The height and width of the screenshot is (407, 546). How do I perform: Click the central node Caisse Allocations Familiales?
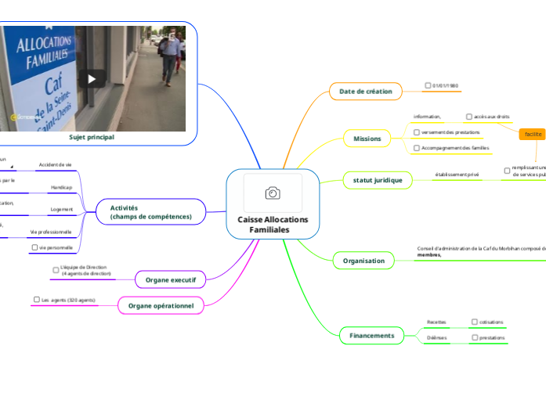coord(273,225)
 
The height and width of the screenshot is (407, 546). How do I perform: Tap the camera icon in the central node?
coord(273,193)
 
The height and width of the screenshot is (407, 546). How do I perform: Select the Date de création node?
coord(365,92)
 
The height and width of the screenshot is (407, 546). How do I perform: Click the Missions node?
coord(367,139)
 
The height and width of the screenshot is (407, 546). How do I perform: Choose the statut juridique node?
coord(378,180)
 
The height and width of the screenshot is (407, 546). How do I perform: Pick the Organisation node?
coord(363,261)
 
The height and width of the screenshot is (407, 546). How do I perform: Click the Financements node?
coord(372,335)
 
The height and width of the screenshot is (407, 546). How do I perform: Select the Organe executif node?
coord(170,279)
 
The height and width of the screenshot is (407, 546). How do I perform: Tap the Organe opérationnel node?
coord(161,305)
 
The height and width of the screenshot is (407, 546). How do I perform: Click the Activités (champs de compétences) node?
coord(150,211)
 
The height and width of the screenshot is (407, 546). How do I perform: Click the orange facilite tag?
coord(533,134)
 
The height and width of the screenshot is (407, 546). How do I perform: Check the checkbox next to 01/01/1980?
coord(428,85)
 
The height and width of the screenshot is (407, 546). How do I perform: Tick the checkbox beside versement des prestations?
coord(417,132)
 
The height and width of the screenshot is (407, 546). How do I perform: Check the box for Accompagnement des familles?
coord(417,148)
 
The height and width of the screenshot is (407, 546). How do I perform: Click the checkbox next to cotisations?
coord(475,322)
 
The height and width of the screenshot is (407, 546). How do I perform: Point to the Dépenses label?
coord(436,338)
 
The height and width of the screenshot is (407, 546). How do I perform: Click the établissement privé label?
coord(457,175)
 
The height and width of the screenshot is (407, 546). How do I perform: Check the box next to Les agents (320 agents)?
coord(36,300)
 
